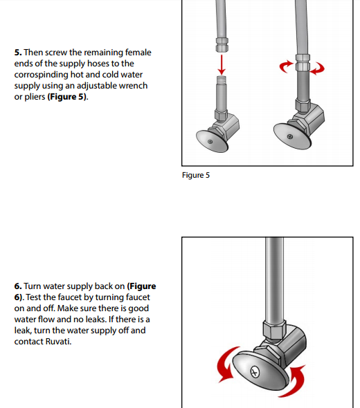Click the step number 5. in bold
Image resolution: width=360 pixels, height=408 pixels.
18,53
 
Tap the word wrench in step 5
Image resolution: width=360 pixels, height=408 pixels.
134,86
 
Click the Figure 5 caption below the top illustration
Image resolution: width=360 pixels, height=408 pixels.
196,175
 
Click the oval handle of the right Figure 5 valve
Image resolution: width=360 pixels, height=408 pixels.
291,136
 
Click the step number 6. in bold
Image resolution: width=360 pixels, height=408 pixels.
18,286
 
